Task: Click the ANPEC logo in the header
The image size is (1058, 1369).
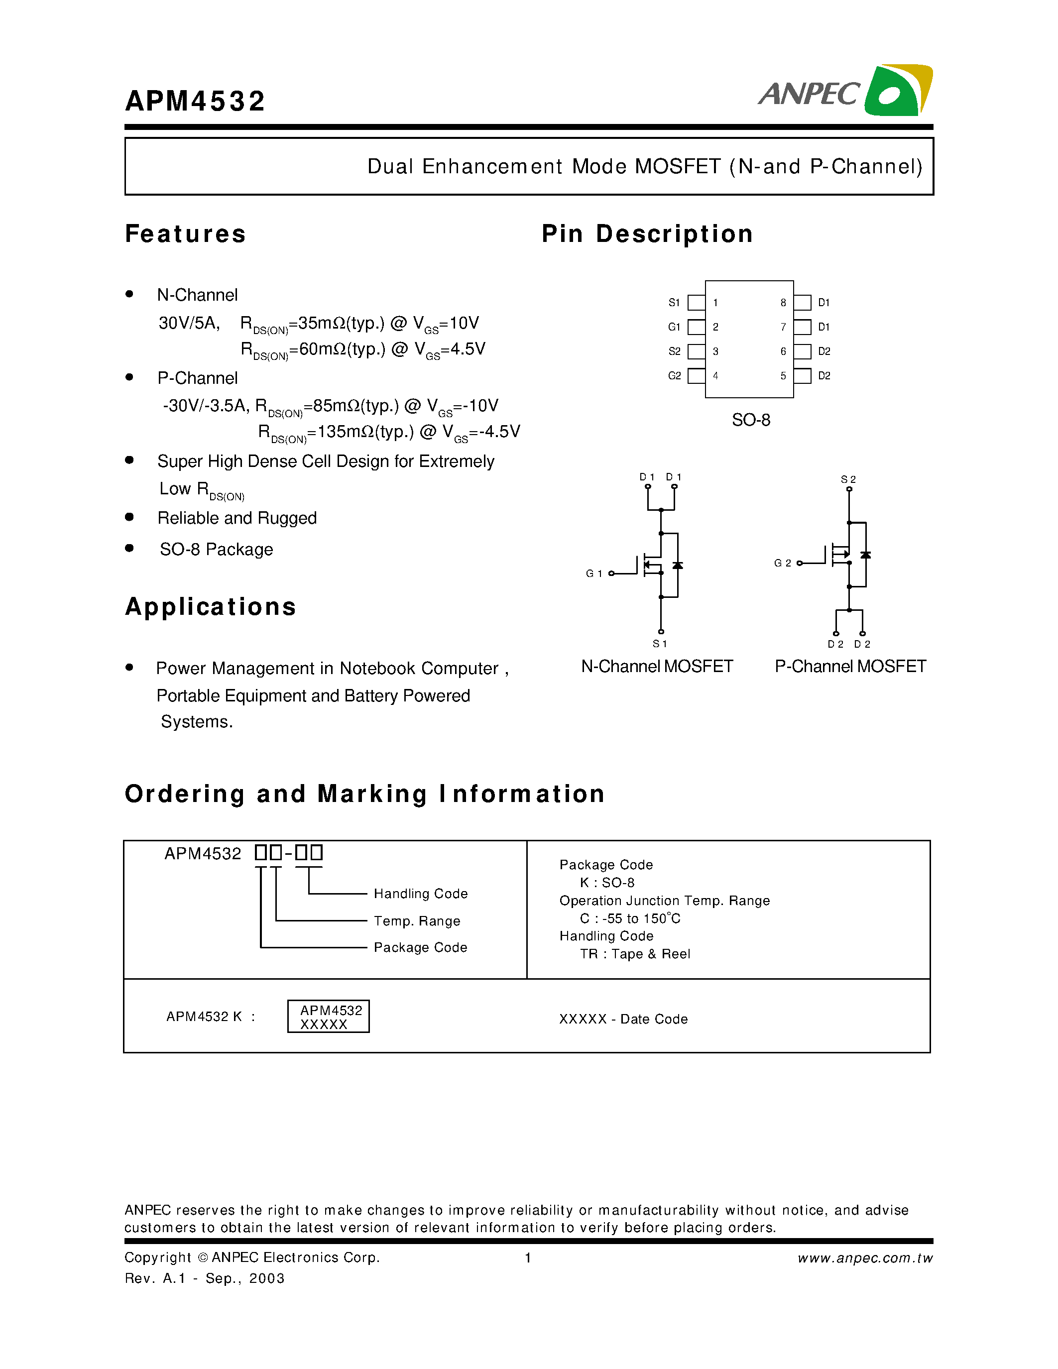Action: (x=845, y=92)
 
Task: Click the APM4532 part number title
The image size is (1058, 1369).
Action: (x=195, y=102)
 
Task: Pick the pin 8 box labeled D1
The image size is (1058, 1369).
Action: (x=802, y=303)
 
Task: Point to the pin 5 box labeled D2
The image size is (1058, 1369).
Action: (x=802, y=376)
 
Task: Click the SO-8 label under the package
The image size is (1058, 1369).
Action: (x=751, y=420)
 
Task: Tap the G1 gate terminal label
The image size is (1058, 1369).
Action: (x=593, y=573)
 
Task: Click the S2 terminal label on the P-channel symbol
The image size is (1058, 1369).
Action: (x=848, y=479)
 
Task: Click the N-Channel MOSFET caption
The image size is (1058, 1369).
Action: (x=657, y=666)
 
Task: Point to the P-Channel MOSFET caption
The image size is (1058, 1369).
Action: (x=850, y=666)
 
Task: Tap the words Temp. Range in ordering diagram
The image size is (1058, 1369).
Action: (x=417, y=921)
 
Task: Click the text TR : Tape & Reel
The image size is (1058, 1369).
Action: (x=635, y=954)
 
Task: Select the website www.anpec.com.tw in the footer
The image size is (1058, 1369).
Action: (x=865, y=1258)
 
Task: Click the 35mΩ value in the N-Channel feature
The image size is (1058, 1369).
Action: (x=319, y=324)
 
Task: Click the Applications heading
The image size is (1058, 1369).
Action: (x=211, y=607)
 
